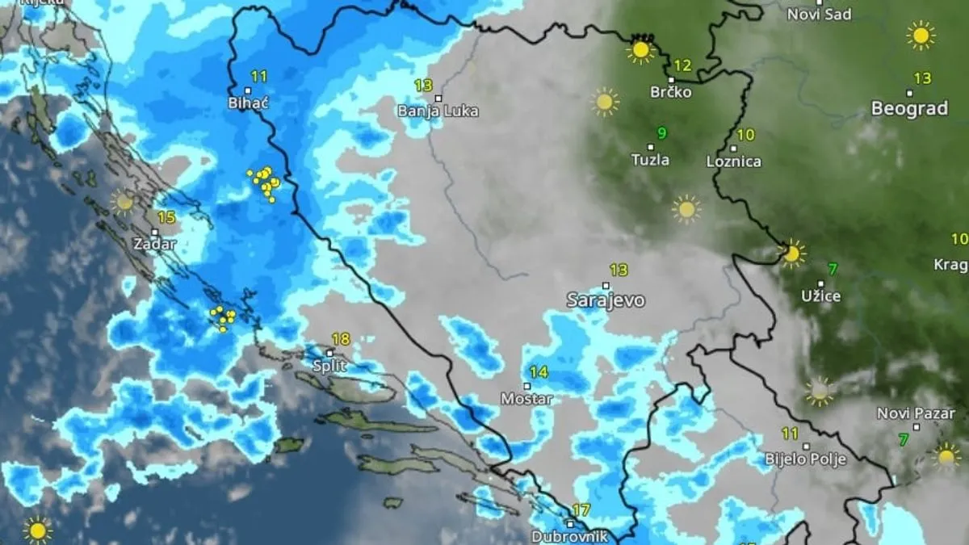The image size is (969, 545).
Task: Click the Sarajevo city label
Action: [606, 300]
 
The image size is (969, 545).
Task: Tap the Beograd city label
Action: [909, 108]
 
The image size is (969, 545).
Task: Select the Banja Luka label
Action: [438, 111]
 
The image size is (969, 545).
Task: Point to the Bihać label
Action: [248, 103]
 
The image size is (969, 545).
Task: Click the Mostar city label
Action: [526, 399]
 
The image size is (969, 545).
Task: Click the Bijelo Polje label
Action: [805, 459]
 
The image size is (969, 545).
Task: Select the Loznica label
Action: [733, 161]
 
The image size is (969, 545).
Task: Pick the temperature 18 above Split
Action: [341, 339]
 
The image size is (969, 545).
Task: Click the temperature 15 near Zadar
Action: [166, 217]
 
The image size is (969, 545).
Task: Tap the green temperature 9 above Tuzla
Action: [662, 133]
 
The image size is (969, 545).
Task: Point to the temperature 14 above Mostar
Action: [539, 372]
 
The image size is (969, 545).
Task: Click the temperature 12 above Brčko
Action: [683, 65]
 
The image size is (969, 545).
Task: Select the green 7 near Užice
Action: [833, 269]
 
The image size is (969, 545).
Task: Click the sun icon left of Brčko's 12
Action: [640, 51]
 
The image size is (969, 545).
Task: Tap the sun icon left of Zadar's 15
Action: [124, 201]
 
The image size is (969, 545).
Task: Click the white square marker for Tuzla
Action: [650, 147]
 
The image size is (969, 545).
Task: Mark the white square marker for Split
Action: [330, 353]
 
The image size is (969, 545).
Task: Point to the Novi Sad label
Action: [819, 15]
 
